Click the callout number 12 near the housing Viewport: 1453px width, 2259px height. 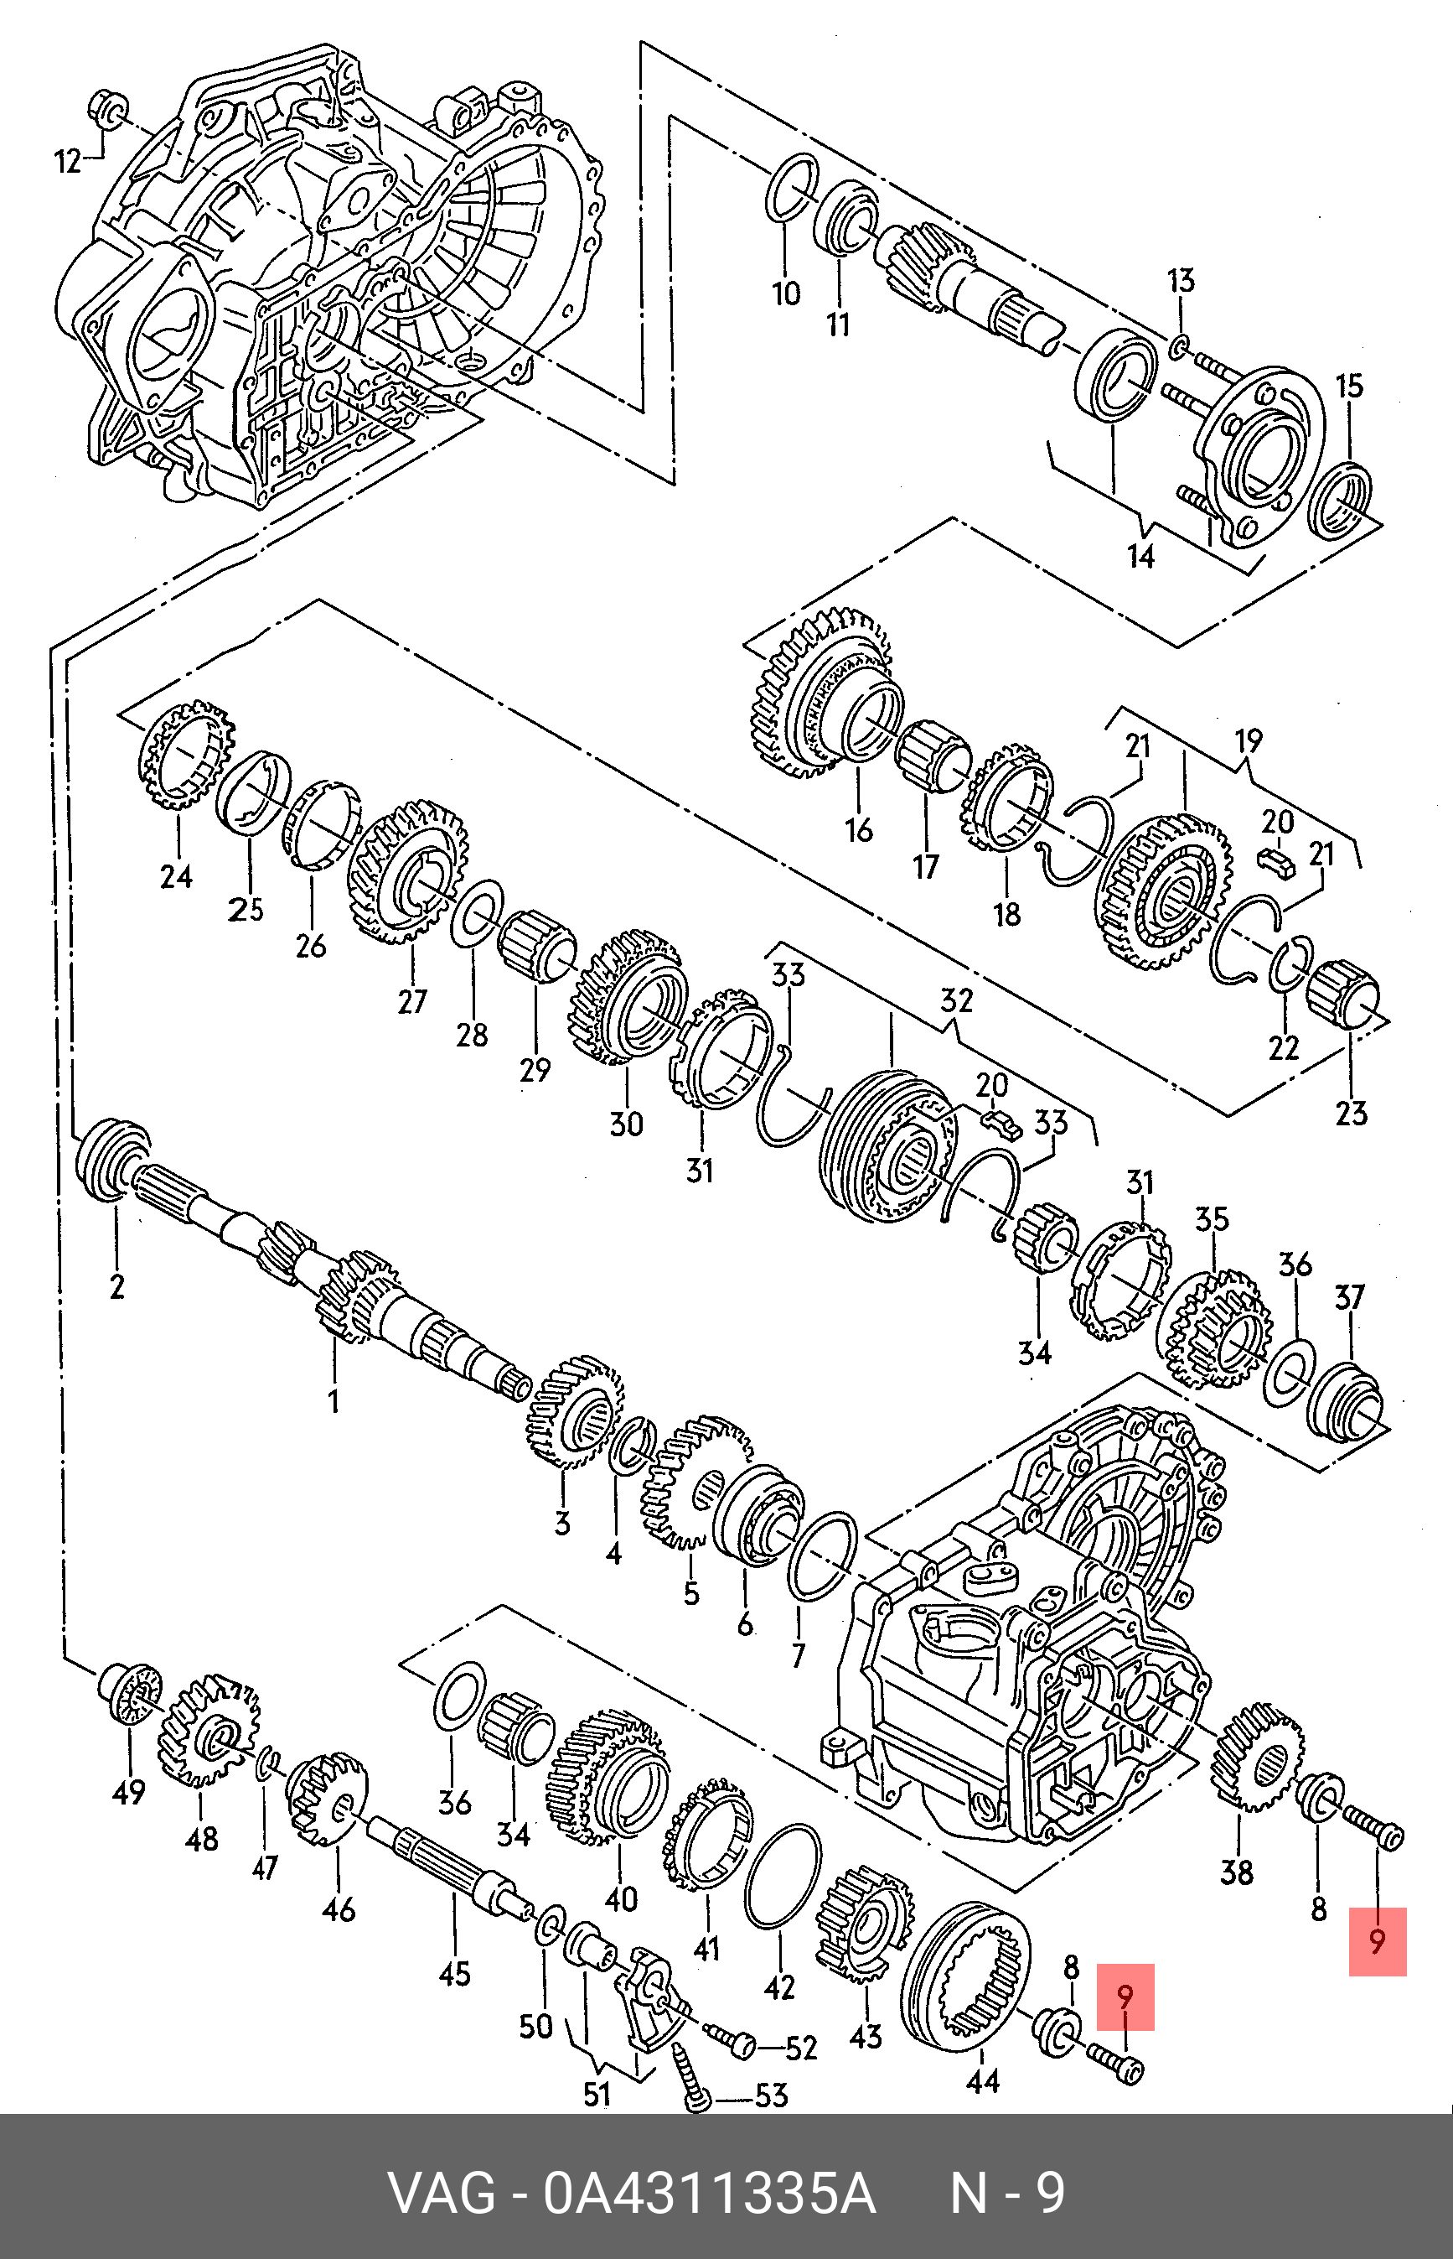pos(68,162)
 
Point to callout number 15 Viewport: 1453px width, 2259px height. pos(1349,385)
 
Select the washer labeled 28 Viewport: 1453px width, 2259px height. pos(478,914)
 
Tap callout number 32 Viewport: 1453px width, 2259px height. pos(957,1000)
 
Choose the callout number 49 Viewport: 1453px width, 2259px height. pos(128,1791)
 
